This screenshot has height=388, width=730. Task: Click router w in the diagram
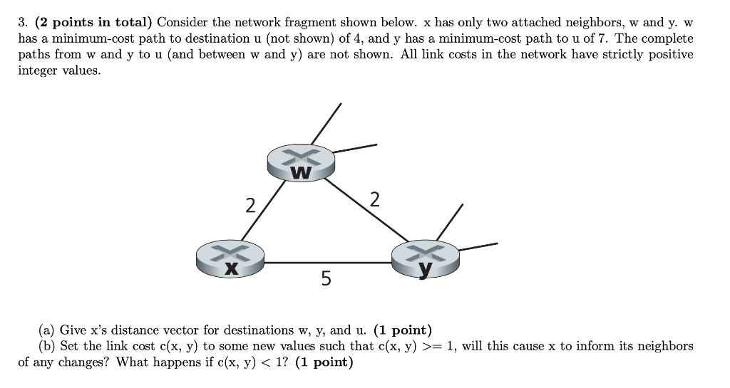(301, 163)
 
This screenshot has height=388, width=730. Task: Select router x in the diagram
(230, 258)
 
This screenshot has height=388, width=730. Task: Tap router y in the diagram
(426, 258)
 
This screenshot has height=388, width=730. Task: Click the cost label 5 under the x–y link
(326, 278)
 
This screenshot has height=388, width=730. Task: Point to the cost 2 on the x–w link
(250, 206)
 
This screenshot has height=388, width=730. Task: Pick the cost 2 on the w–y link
(375, 199)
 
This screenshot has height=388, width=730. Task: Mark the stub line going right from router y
(478, 246)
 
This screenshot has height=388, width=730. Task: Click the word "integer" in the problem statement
(40, 72)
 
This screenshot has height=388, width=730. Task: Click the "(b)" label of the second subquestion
(48, 346)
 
